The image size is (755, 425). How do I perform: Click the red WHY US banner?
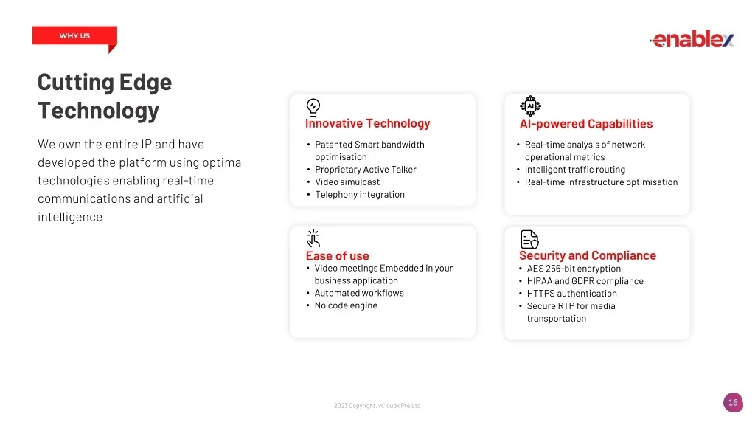coord(74,35)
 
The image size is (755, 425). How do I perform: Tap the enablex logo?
coord(692,38)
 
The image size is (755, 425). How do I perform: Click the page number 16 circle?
coord(733,403)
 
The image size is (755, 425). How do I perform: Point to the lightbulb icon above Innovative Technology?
coord(313,108)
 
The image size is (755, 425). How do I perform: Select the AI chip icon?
coord(530,106)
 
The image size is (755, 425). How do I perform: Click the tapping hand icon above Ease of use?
coord(313,238)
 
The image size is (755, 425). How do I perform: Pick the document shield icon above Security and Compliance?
coord(529,240)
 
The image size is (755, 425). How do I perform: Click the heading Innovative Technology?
coord(367,123)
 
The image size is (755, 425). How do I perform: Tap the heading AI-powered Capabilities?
coord(586,124)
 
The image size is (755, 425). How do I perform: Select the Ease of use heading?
coord(337,256)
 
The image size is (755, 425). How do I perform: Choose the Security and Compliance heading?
coord(588,255)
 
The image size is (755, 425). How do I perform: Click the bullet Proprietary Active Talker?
coord(366,170)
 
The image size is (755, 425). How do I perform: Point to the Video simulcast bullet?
coord(347,182)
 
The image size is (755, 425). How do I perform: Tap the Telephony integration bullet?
coord(360,195)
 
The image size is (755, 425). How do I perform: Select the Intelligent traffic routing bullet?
coord(575,170)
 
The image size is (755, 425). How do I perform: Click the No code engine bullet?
coord(346,305)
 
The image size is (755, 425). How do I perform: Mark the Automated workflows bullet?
coord(359,293)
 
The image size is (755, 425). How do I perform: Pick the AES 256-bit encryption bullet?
coord(574,269)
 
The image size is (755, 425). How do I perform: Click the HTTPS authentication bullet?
coord(571,294)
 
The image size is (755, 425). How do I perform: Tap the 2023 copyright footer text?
coord(377,406)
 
